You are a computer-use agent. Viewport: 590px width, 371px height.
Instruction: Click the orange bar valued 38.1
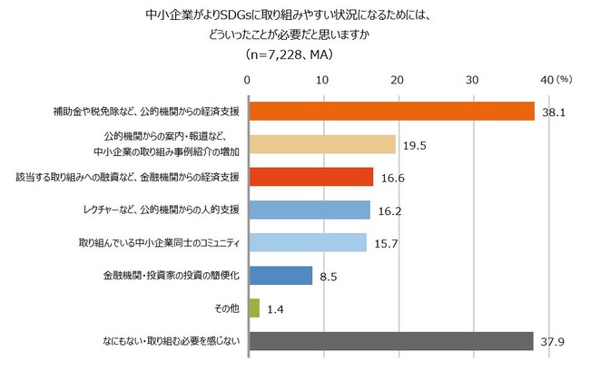pos(390,111)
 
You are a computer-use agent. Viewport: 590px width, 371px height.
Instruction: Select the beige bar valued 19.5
pos(321,144)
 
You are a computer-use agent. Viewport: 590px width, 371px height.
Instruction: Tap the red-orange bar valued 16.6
pos(310,177)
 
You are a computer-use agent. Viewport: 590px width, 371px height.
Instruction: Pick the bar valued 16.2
pos(309,210)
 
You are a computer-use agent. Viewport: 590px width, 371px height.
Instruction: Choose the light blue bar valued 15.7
pos(307,242)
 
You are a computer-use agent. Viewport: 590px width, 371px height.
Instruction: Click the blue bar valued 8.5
pos(280,276)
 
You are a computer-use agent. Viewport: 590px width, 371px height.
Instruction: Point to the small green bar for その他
pos(253,308)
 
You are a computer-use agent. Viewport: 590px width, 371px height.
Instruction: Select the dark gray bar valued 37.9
pos(390,341)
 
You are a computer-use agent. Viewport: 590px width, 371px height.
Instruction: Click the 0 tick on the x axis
pos(248,81)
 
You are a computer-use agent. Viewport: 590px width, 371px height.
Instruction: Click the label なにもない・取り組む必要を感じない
pos(172,342)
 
